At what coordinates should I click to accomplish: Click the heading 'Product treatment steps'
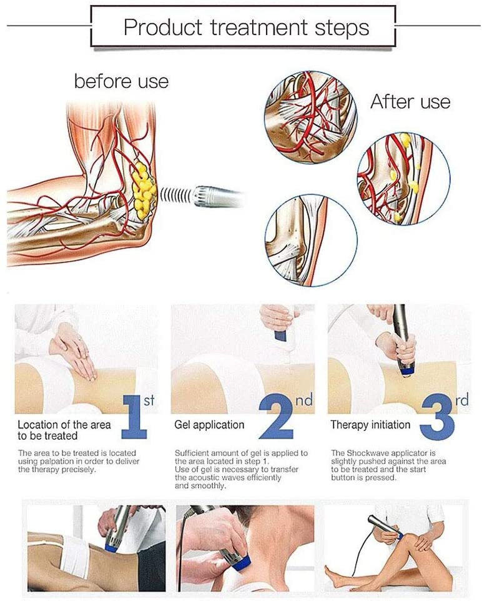point(247,27)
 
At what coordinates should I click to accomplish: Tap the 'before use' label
point(122,82)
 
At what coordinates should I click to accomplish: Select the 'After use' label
point(410,102)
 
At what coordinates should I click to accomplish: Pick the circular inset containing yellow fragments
point(404,179)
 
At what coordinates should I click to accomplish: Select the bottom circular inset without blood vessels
point(311,240)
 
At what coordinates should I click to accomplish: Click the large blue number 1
point(134,417)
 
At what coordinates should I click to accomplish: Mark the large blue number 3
point(438,417)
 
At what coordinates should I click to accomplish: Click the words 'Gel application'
point(209,425)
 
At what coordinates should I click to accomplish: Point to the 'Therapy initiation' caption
point(370,425)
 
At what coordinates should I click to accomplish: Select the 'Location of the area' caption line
point(64,425)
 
